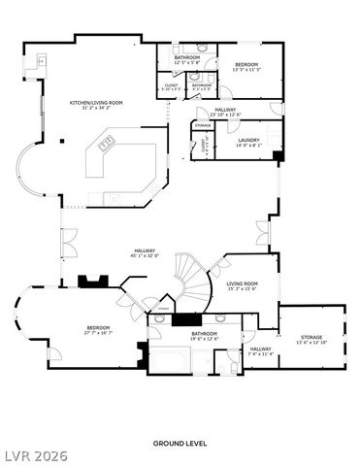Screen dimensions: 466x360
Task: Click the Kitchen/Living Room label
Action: click(x=94, y=104)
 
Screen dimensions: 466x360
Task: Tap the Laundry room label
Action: click(x=248, y=143)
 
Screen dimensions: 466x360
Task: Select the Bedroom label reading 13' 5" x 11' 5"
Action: click(x=246, y=68)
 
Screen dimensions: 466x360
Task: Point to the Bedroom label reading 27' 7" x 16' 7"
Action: click(x=98, y=330)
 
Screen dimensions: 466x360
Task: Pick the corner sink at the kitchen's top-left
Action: click(x=43, y=62)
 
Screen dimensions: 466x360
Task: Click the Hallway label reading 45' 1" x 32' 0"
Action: click(x=145, y=253)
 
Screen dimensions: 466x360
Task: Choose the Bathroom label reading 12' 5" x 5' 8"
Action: click(x=187, y=60)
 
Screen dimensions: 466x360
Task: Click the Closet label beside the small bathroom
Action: click(x=172, y=87)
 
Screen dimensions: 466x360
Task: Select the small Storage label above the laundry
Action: click(x=203, y=125)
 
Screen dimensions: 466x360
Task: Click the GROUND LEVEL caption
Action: click(x=180, y=443)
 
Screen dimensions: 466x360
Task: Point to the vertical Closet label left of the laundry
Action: click(x=204, y=149)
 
